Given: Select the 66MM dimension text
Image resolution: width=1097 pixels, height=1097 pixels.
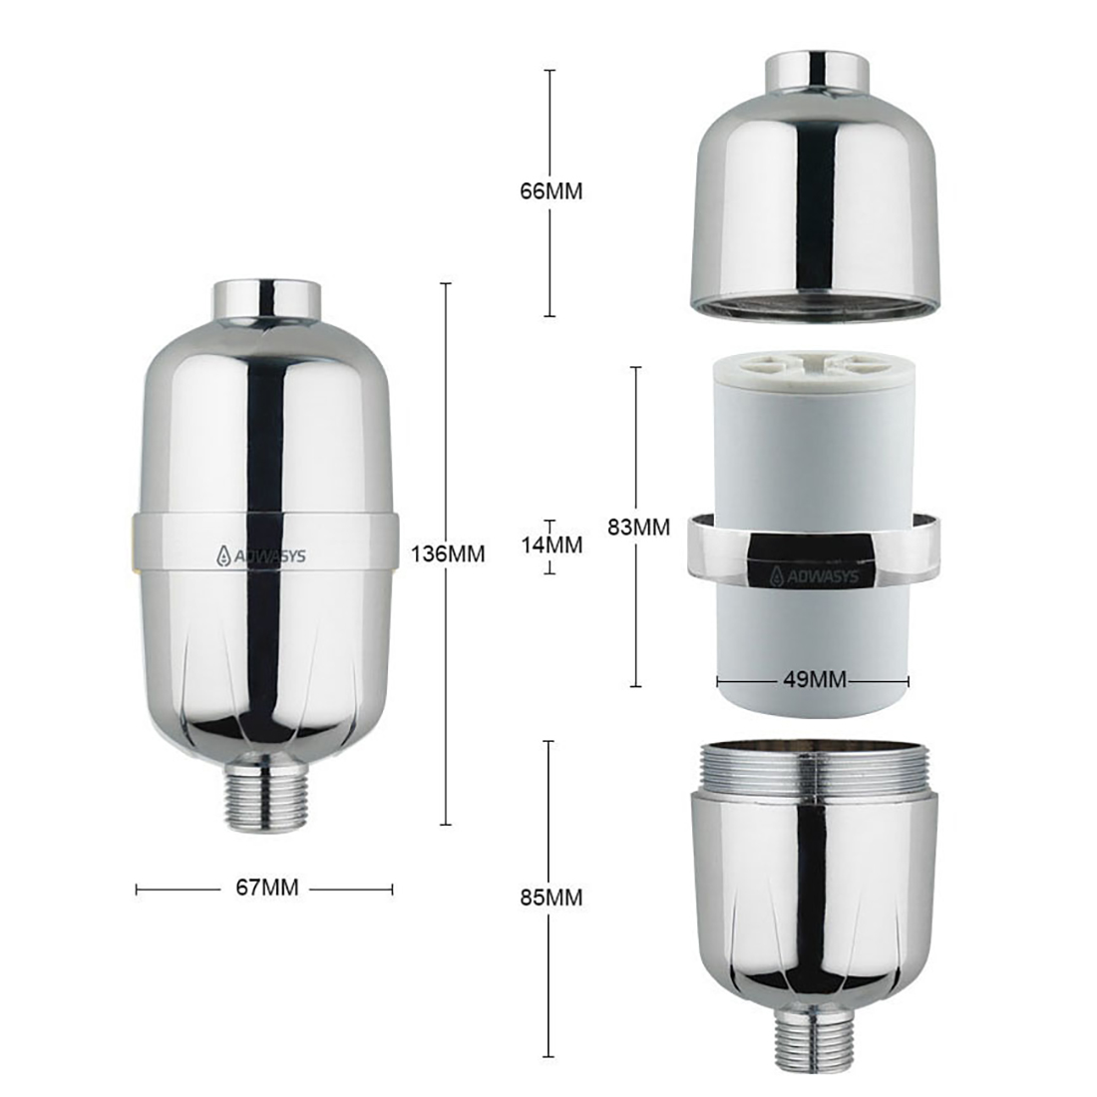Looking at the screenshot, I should (x=550, y=191).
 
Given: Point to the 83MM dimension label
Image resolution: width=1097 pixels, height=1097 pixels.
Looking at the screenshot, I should (x=638, y=526).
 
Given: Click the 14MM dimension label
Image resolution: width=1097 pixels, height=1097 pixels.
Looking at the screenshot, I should (x=550, y=546).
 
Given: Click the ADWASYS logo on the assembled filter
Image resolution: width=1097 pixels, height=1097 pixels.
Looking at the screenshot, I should (x=266, y=557).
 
